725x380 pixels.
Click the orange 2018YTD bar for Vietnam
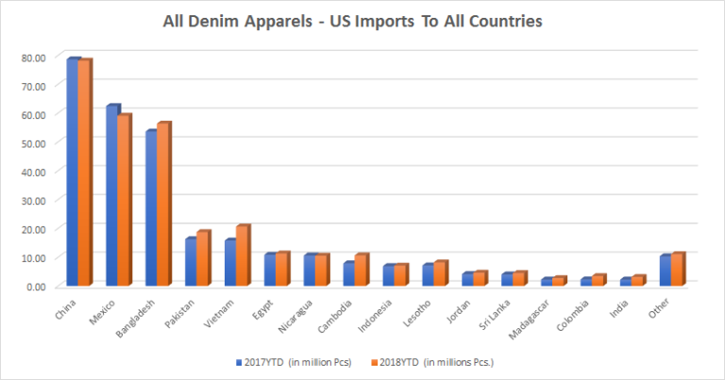[243, 256]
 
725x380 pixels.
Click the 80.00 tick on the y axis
[34, 58]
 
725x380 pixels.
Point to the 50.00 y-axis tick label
[34, 142]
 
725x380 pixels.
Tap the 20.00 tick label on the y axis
[34, 228]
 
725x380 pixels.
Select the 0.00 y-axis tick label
[37, 285]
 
